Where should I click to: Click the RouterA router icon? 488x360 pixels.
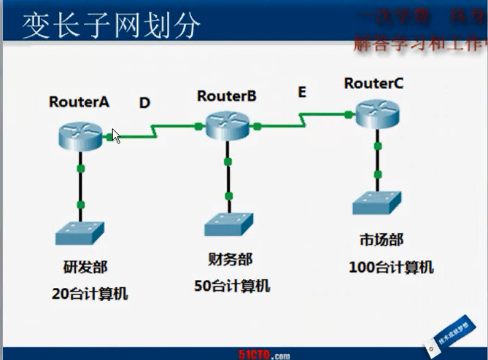pos(80,136)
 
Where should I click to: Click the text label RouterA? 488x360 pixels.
pos(79,102)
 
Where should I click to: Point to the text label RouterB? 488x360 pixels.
pos(226,95)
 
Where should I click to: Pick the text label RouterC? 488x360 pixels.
pos(373,84)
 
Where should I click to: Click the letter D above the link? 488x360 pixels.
pos(144,103)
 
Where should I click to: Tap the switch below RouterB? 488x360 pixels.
pos(228,224)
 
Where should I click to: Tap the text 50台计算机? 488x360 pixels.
pos(231,285)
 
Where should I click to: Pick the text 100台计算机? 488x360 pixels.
pos(391,267)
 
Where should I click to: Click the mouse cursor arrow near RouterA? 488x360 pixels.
pos(116,136)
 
